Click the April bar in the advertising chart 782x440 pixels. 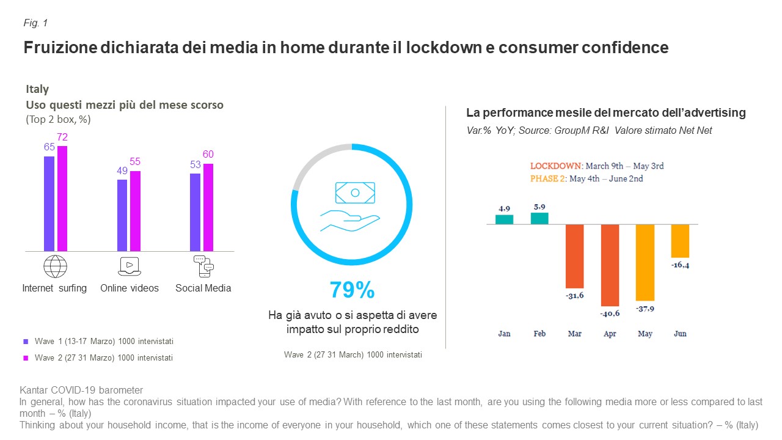tap(610, 265)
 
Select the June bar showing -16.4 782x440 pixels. tap(680, 241)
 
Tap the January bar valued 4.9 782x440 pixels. tap(504, 219)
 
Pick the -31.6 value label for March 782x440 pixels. tap(575, 296)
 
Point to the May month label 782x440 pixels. tap(645, 334)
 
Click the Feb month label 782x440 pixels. tap(539, 334)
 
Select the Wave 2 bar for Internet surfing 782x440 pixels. tap(62, 199)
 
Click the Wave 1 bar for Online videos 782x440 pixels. tap(122, 215)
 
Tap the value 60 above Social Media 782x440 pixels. tap(208, 155)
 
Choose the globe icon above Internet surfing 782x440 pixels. tap(55, 266)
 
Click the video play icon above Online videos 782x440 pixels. tap(129, 266)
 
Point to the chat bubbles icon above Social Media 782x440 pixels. tap(203, 266)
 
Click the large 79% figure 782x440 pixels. tap(352, 290)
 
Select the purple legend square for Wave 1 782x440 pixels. tap(26, 342)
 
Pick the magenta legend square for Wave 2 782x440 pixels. tap(26, 358)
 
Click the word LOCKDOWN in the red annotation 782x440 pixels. tap(555, 166)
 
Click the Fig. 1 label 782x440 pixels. tap(35, 23)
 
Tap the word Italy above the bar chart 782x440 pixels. tap(37, 90)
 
